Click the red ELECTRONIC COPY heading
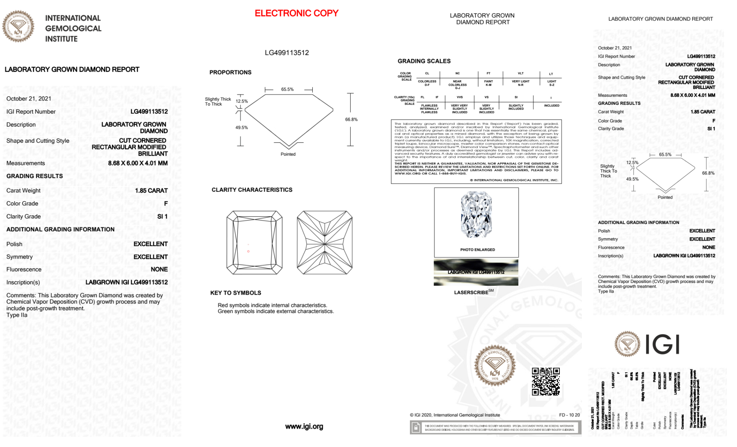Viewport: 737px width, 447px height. coord(296,13)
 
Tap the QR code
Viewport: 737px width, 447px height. coord(546,381)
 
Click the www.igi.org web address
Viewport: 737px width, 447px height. coord(304,426)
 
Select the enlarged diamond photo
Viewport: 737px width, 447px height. coord(476,215)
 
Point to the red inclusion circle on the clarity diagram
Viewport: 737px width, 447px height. coord(248,251)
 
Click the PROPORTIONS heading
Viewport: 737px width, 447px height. coord(230,72)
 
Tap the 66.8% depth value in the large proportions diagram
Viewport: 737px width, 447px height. coord(351,120)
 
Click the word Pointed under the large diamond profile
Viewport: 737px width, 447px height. coord(288,154)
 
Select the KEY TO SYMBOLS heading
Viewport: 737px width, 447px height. coord(235,293)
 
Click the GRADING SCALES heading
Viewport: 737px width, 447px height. coord(424,61)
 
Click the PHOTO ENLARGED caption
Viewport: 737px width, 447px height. coord(477,249)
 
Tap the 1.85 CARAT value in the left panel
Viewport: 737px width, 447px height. coord(151,191)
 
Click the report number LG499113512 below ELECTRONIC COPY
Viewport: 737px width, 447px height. coord(287,53)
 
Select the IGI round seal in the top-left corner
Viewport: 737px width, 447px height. coord(18,26)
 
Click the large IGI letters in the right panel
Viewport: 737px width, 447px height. coord(662,345)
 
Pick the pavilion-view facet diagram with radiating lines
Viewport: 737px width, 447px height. coord(324,242)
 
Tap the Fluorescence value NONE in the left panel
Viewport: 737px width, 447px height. coord(159,269)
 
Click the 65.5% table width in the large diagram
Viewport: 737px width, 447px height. coord(287,89)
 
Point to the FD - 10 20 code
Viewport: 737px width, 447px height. coord(569,415)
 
